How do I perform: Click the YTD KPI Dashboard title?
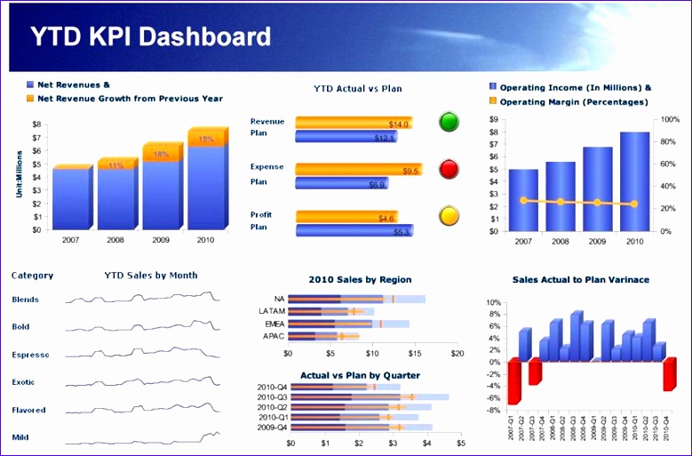tap(151, 36)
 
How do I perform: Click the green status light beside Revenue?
tap(449, 122)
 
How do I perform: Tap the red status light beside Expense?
tap(449, 168)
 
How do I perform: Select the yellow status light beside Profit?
tap(449, 215)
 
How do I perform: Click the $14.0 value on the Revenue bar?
tap(399, 124)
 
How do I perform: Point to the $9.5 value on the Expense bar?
tap(410, 171)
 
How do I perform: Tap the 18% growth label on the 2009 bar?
tap(162, 155)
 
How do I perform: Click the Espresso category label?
tap(30, 355)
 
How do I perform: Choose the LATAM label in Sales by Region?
tap(271, 311)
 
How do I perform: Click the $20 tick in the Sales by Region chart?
tap(456, 353)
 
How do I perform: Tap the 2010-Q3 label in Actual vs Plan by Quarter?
tap(272, 396)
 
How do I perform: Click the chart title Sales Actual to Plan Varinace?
tap(580, 280)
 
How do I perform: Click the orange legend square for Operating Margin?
tap(493, 102)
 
